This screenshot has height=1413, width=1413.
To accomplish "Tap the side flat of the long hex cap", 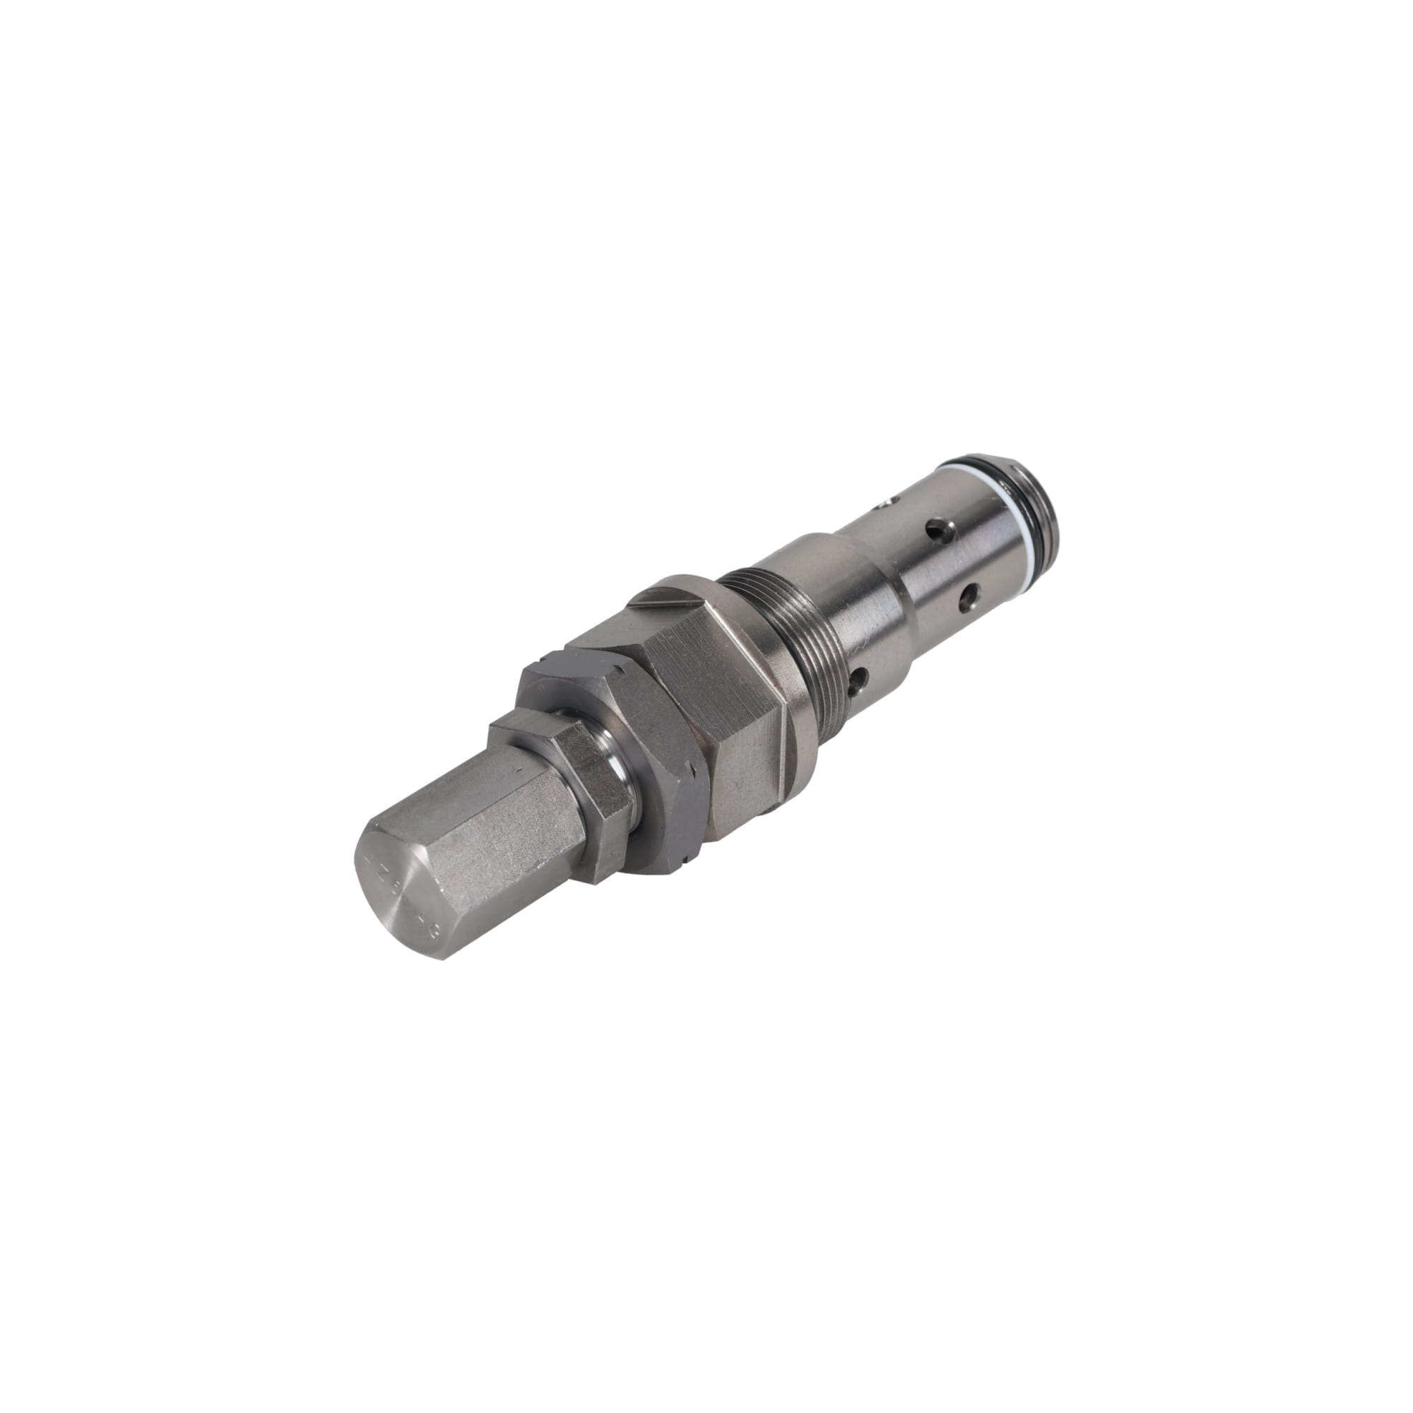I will [497, 827].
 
